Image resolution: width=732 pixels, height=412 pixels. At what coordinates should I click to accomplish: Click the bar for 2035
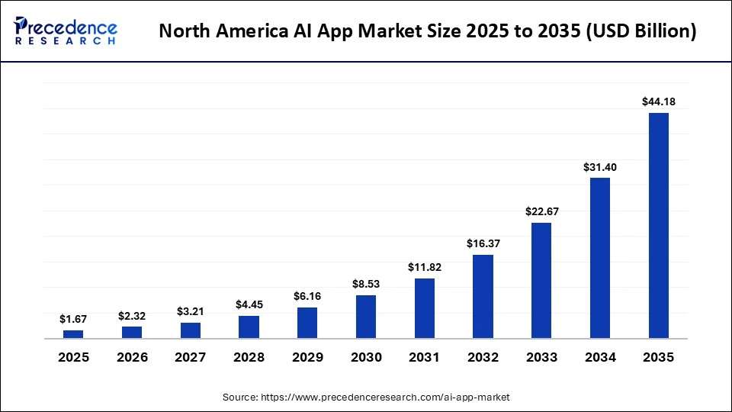[x=658, y=225]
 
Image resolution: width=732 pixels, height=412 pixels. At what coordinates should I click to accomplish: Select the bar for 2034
[x=600, y=258]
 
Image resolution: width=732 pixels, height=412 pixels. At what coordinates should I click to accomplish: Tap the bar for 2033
[x=541, y=280]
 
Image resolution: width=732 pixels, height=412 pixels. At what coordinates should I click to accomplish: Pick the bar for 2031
[x=425, y=308]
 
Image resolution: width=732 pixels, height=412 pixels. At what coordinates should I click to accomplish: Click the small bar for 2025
[x=73, y=333]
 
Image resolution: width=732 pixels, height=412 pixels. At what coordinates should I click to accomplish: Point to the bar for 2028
[x=249, y=327]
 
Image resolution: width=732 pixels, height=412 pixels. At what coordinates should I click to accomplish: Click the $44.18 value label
[x=659, y=101]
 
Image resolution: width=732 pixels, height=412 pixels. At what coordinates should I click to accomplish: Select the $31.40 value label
[x=600, y=166]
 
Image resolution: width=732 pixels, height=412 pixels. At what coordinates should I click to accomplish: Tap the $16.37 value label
[x=483, y=243]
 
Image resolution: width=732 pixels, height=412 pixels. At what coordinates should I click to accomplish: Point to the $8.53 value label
[x=366, y=284]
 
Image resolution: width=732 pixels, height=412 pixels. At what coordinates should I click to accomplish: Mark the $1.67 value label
[x=73, y=319]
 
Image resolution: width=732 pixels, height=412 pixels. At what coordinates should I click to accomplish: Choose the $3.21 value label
[x=191, y=311]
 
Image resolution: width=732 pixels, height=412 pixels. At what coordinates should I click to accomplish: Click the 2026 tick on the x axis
[x=132, y=357]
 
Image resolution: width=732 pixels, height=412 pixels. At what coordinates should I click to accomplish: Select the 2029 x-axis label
[x=307, y=357]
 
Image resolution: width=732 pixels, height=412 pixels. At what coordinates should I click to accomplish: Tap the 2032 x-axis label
[x=483, y=357]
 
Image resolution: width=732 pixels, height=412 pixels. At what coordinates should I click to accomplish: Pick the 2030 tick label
[x=366, y=357]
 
